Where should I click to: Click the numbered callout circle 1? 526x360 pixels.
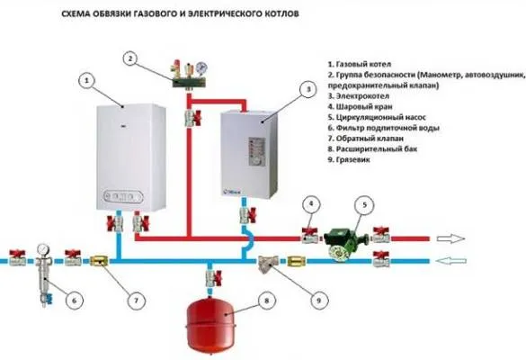[x=87, y=81]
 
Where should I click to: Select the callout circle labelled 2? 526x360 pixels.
[x=131, y=58]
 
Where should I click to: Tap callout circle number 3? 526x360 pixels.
[x=308, y=89]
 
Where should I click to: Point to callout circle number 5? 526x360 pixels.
[x=365, y=205]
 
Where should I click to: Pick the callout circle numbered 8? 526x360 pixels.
[x=267, y=301]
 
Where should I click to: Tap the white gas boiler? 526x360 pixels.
[x=131, y=157]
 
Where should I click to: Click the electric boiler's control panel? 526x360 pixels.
[x=257, y=152]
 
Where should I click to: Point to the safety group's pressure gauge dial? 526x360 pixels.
[x=202, y=67]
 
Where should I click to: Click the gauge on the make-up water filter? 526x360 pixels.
[x=44, y=249]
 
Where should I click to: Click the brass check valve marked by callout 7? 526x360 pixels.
[x=99, y=261]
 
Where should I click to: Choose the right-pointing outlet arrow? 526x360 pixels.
[x=451, y=238]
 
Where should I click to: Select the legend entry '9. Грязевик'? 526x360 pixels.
[x=349, y=159]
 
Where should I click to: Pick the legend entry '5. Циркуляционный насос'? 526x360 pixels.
[x=377, y=118]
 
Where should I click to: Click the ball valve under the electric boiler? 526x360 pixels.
[x=248, y=215]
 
